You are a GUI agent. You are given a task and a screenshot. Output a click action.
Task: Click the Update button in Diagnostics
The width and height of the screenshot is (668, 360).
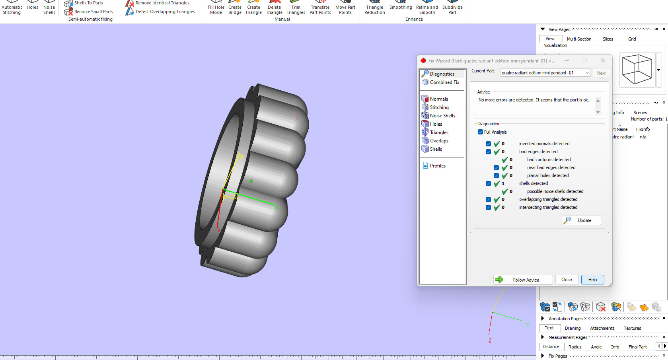581,220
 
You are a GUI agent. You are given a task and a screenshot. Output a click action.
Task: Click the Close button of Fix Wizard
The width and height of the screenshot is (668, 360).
566,280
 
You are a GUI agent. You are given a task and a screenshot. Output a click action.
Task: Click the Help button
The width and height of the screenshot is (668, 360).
592,280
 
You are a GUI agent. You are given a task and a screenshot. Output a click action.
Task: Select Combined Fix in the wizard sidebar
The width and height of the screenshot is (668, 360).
444,82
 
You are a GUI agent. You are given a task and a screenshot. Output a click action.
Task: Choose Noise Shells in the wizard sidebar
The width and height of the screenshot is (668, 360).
442,116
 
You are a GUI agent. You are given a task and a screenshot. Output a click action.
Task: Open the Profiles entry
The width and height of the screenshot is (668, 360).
437,166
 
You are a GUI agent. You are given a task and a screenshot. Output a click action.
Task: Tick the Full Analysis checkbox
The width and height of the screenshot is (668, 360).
481,132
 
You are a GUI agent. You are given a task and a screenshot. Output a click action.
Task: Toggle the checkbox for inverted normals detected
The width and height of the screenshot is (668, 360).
488,144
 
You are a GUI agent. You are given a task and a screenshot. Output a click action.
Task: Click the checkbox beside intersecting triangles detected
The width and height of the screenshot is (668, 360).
488,207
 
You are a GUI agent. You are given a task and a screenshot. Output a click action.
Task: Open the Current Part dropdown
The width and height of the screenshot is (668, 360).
587,73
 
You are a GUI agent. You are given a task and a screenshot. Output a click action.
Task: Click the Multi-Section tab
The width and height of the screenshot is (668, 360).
579,39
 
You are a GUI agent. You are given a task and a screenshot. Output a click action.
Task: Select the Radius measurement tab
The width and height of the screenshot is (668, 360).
575,347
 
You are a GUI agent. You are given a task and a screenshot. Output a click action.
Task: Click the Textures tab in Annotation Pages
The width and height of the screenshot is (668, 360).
632,328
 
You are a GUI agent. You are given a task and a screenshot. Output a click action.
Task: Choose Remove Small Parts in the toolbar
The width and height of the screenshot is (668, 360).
93,12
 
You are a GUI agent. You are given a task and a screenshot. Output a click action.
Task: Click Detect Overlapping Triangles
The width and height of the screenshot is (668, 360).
165,12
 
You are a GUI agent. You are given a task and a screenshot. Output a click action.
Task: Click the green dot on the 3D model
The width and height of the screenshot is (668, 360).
251,181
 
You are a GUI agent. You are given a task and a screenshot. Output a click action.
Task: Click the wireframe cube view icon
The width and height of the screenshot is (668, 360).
637,70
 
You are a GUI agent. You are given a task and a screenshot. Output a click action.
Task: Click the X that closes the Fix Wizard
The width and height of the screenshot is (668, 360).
603,60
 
